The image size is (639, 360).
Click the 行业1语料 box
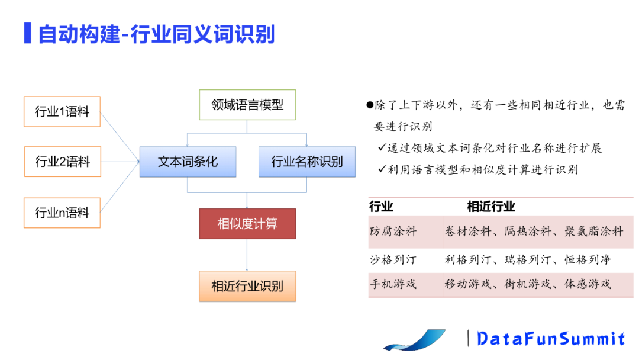62,111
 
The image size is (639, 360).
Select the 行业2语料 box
62,161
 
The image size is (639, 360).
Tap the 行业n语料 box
62,212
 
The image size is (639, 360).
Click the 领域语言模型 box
247,105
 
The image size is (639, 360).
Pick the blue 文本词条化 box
188,162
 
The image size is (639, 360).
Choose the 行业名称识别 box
306,162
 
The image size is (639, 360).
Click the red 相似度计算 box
247,224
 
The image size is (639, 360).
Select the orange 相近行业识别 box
247,286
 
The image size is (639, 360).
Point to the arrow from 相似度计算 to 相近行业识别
247,255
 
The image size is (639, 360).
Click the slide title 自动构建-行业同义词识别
156,34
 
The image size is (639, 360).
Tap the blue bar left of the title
27,33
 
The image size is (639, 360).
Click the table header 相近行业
490,207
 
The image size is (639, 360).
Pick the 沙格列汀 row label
393,259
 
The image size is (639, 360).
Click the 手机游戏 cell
393,284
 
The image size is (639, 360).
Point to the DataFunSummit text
550,338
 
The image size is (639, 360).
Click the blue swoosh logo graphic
414,340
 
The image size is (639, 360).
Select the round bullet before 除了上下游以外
370,105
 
